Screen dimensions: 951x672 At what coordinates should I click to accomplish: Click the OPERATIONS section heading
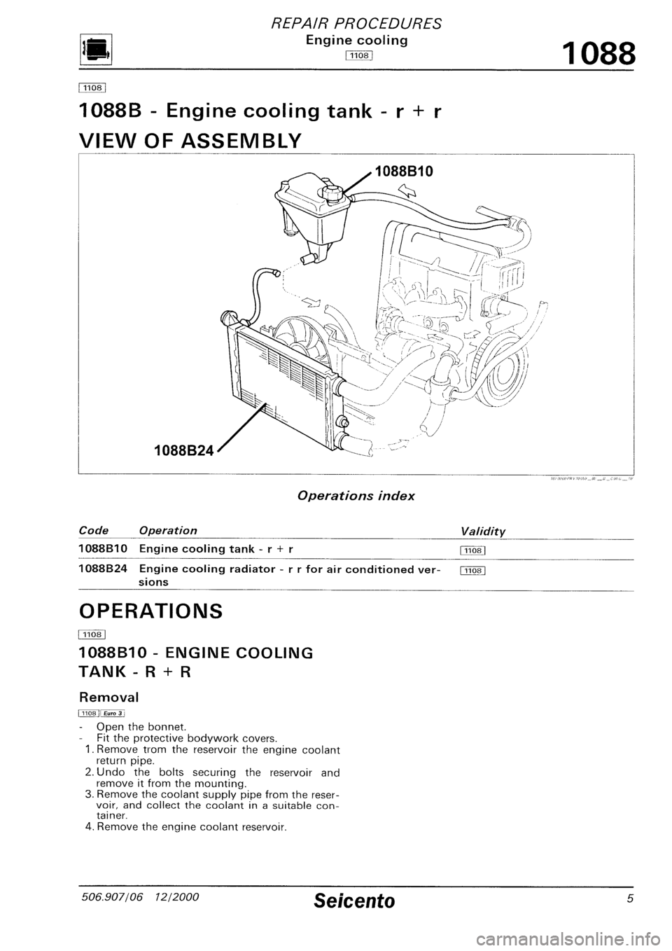(x=151, y=611)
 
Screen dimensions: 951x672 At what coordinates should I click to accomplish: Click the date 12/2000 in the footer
(x=173, y=918)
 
